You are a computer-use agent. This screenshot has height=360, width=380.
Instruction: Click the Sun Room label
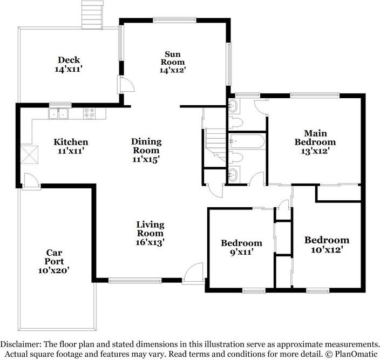point(173,58)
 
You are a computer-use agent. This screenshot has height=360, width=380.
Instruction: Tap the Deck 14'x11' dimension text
point(69,69)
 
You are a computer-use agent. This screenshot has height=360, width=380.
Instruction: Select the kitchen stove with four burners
point(89,113)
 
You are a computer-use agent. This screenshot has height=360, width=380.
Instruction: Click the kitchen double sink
point(58,113)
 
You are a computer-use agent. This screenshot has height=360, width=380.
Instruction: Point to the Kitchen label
point(71,142)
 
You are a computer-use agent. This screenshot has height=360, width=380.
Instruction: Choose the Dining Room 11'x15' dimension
point(146,159)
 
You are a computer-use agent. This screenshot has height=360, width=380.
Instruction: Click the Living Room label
point(150,229)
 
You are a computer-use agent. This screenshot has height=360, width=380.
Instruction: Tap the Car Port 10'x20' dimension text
point(54,270)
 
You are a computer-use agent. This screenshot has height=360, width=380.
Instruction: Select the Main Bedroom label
point(315,138)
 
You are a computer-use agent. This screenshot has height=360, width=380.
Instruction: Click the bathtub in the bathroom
point(247,141)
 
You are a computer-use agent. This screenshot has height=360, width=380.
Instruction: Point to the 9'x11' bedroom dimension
point(242,252)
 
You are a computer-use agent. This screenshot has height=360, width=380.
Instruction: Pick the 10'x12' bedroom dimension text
point(327,249)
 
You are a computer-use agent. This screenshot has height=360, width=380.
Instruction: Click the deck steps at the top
point(92,15)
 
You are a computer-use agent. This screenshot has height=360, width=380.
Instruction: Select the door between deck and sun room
point(125,84)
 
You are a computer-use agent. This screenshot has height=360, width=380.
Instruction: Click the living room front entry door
point(193,273)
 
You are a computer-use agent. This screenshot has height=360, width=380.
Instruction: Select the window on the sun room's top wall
point(174,20)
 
